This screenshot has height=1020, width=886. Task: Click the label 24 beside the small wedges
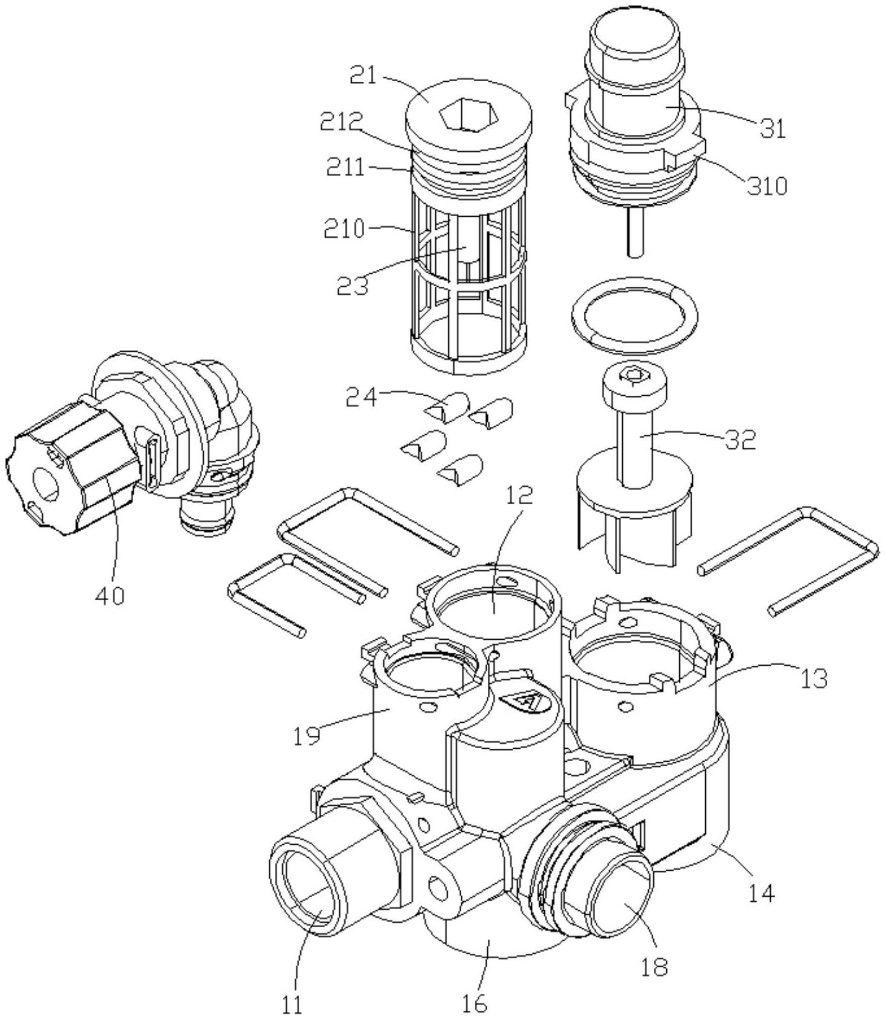tap(361, 397)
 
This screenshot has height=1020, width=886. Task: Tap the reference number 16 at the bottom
tap(475, 1003)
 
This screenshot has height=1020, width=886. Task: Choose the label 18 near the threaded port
tap(654, 966)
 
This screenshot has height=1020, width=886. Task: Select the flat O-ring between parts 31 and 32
tap(634, 316)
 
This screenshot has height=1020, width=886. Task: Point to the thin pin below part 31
tap(635, 232)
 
